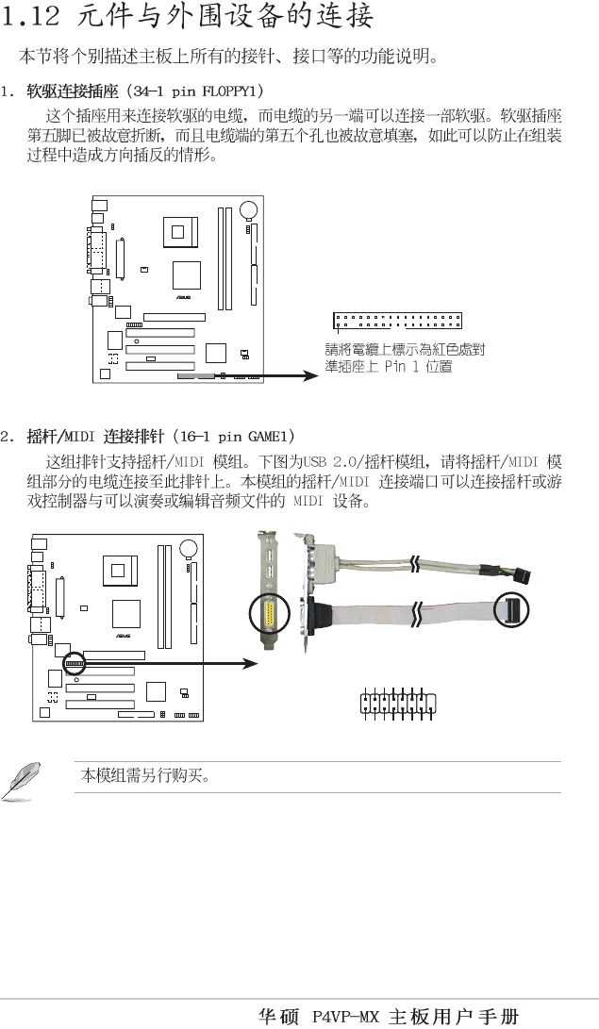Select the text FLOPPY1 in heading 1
[x=230, y=91]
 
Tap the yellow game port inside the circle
[x=270, y=618]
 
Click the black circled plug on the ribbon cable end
[x=510, y=612]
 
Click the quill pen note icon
[x=23, y=784]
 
